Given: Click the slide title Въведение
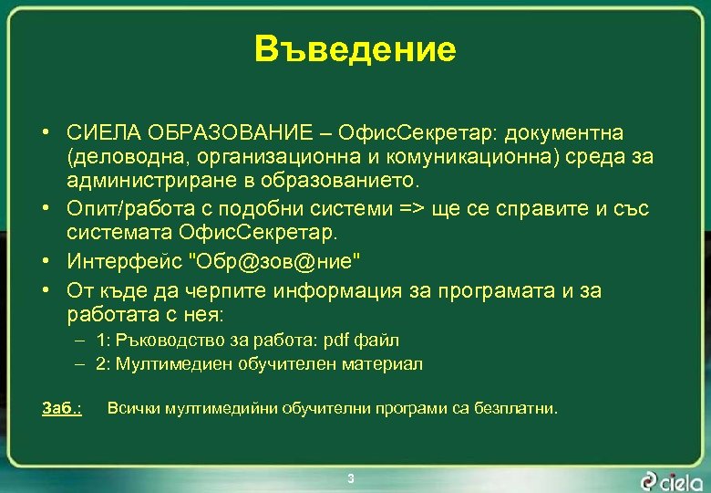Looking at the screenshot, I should click(x=355, y=49).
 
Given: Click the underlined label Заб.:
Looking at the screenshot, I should click(x=62, y=408).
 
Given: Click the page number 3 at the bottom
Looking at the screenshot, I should click(x=351, y=478).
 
